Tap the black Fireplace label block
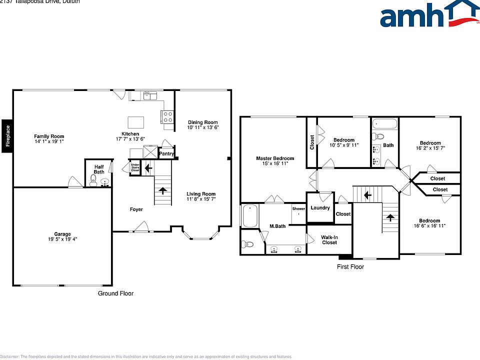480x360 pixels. [7, 134]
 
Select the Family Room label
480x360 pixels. [49, 136]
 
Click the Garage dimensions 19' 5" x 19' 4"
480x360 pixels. [62, 239]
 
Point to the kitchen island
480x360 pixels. [135, 122]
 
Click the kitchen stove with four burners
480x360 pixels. [167, 117]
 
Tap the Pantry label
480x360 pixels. [166, 154]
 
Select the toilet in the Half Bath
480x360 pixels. [93, 179]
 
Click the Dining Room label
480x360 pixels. [202, 122]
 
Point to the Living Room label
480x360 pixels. [201, 194]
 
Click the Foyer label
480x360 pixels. [136, 209]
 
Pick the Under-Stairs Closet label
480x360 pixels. [135, 167]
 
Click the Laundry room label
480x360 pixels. [320, 207]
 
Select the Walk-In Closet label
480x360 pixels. [329, 240]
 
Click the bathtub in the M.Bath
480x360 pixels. [250, 215]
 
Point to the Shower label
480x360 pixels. [298, 208]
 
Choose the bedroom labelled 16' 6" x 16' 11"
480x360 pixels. [429, 223]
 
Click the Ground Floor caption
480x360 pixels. [115, 293]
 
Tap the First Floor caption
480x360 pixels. [350, 267]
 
